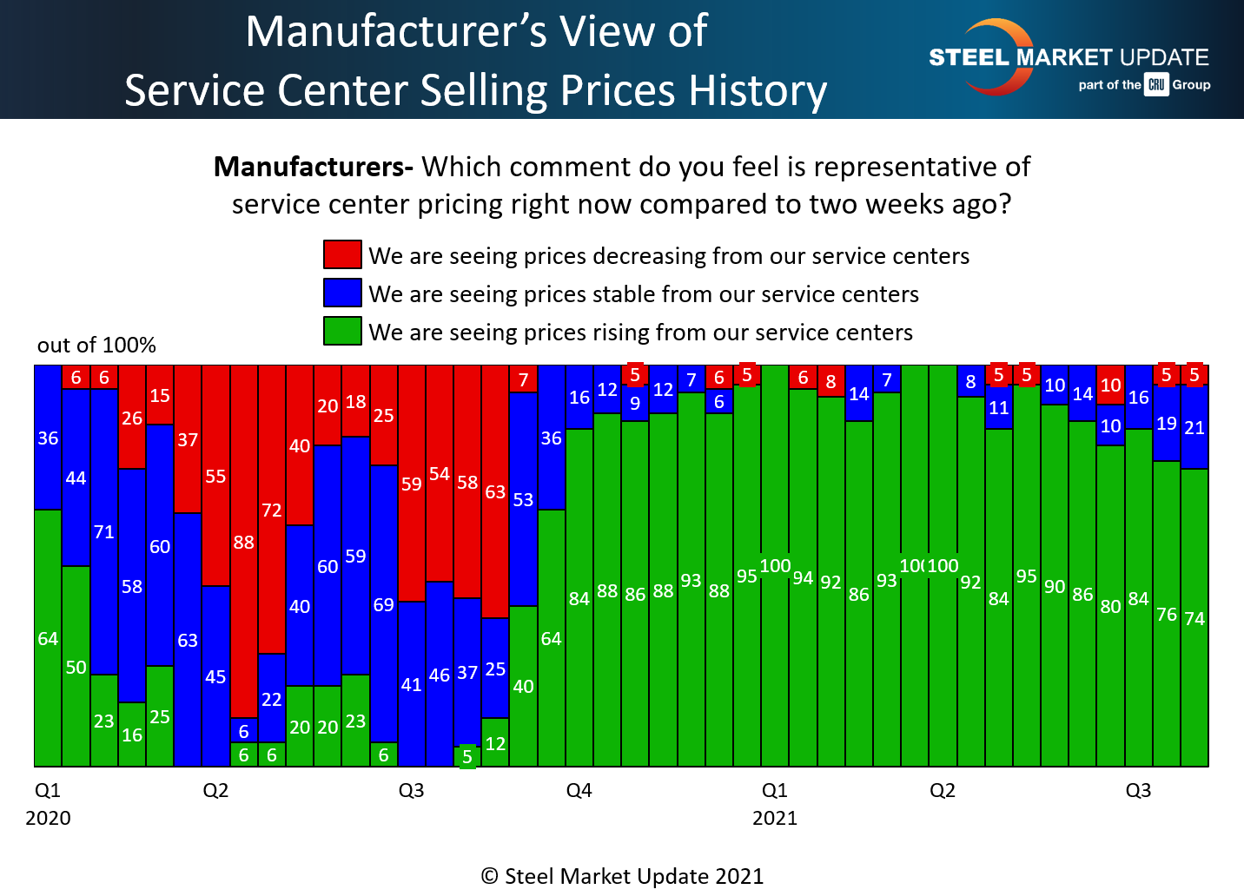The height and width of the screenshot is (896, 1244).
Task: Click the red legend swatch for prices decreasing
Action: click(342, 254)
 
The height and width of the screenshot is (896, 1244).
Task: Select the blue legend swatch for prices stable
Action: click(342, 293)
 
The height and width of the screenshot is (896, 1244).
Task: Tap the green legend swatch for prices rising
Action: click(342, 331)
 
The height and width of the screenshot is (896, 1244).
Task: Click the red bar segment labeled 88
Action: click(244, 541)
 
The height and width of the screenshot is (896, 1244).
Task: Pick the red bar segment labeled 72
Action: click(272, 509)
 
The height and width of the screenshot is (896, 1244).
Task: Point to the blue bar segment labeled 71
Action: click(104, 531)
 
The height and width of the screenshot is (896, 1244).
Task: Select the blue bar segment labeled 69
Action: click(384, 603)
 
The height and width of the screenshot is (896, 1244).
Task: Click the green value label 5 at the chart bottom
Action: click(467, 757)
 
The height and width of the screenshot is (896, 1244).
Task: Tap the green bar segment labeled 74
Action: click(1194, 617)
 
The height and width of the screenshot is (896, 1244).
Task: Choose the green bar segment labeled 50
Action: click(76, 666)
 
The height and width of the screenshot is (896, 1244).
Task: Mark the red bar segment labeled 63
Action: click(495, 491)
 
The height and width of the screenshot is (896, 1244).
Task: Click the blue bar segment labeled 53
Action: click(523, 499)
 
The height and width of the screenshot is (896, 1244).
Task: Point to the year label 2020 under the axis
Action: click(49, 818)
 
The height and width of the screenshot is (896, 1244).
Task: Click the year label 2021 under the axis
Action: click(775, 818)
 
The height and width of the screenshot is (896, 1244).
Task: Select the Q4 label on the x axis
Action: click(579, 790)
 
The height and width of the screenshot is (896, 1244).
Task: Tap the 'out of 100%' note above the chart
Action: click(96, 345)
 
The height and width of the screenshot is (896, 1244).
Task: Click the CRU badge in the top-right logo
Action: click(1156, 84)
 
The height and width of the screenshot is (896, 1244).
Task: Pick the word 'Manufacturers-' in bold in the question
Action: click(314, 166)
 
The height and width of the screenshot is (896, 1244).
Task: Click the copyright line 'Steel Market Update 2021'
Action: click(623, 876)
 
